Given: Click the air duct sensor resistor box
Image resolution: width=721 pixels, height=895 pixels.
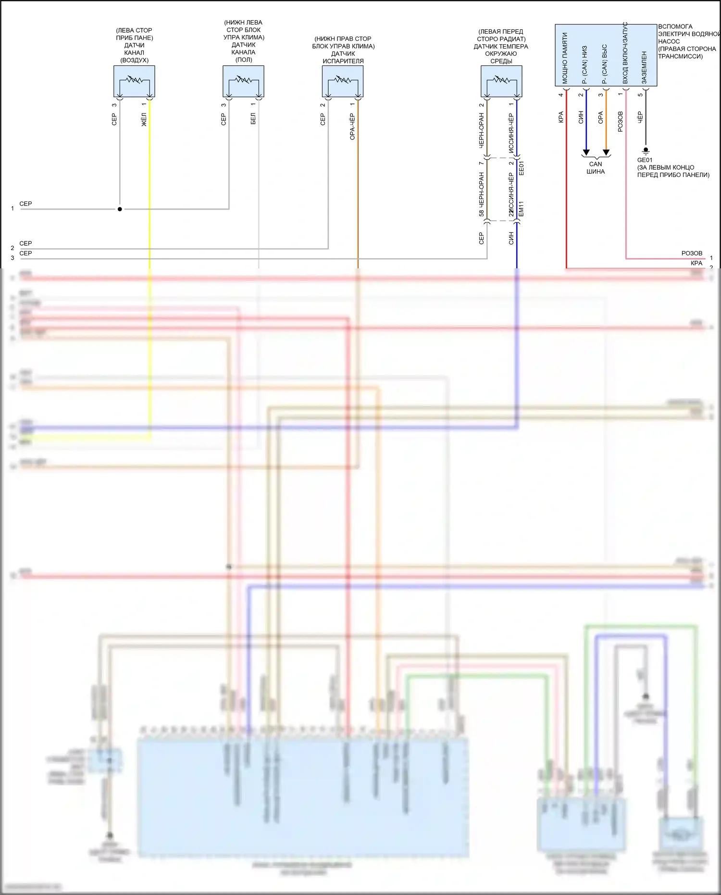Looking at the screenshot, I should [134, 81].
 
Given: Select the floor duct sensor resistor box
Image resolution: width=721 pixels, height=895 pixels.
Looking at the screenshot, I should [243, 81].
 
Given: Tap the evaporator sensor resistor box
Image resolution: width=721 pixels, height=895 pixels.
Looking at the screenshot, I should [342, 81].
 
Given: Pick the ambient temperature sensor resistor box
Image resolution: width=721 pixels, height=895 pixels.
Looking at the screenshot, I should [501, 81].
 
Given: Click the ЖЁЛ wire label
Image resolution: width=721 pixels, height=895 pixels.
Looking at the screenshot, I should [144, 120].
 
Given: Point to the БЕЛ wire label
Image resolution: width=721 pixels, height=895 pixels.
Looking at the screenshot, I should [253, 119].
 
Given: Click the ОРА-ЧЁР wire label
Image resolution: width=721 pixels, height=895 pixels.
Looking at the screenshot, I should [352, 127].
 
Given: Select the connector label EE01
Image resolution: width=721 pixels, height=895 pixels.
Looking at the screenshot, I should [522, 168].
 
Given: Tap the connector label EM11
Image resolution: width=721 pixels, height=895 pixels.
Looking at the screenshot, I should [522, 209].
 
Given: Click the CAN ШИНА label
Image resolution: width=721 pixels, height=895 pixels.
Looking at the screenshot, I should [596, 168].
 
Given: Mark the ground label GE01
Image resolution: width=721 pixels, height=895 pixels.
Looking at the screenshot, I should [645, 160].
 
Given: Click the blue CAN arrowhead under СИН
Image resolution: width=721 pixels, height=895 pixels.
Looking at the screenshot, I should [586, 152].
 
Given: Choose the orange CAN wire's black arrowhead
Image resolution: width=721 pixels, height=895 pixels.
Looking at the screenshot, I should [606, 152].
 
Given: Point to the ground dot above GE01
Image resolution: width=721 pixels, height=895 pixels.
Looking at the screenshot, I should [646, 150].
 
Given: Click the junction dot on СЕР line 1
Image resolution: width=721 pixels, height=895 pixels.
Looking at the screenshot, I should [120, 209].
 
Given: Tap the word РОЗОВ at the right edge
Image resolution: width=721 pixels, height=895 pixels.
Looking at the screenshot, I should [692, 253].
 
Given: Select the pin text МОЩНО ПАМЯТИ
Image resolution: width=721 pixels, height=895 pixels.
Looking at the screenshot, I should [565, 58].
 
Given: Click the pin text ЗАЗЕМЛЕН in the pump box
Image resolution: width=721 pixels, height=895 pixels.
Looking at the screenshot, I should [644, 67].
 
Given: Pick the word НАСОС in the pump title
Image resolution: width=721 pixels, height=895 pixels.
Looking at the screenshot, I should [669, 41].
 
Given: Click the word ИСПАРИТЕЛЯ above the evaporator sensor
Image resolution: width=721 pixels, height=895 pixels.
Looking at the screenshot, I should [343, 61].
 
